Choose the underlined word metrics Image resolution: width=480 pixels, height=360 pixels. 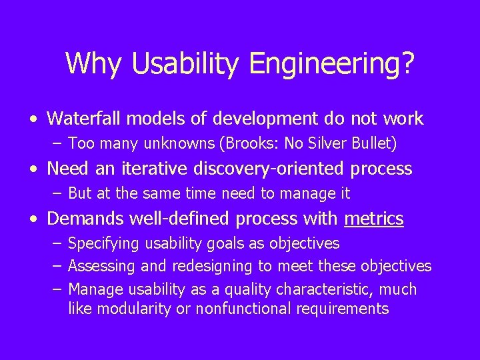(374, 219)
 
